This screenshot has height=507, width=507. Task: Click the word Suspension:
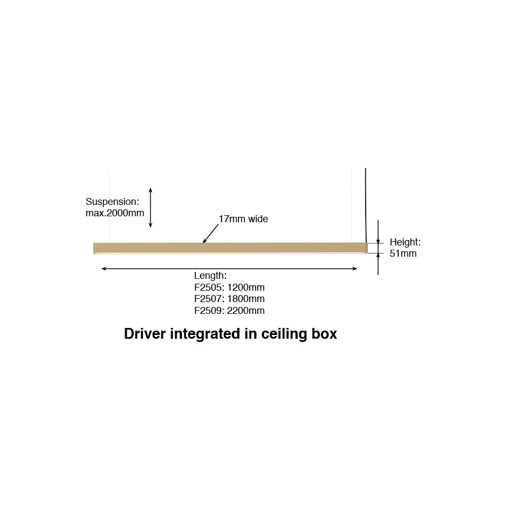tap(112, 202)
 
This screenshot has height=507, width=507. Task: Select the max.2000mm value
tap(115, 213)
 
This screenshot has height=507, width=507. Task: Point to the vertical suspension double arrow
tap(150, 208)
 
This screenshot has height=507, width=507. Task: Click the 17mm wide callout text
tap(243, 219)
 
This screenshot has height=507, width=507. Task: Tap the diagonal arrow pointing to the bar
tap(210, 234)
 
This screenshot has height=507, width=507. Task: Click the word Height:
tap(405, 242)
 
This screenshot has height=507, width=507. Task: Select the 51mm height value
tap(403, 253)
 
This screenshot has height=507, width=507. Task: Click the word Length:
tap(210, 276)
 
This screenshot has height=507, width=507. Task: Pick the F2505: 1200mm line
tap(229, 287)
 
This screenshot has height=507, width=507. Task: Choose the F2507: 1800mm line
tap(229, 298)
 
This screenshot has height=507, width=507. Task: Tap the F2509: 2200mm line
tap(229, 311)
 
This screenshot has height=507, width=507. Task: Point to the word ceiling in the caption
tap(284, 334)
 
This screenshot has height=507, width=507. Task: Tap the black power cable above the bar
tap(366, 205)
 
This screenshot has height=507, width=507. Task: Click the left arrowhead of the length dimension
tap(104, 269)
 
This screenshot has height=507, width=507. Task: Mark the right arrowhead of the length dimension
tap(354, 269)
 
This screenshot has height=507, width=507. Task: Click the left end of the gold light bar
tap(94, 248)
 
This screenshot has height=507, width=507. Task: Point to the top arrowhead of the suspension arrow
tap(150, 189)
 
